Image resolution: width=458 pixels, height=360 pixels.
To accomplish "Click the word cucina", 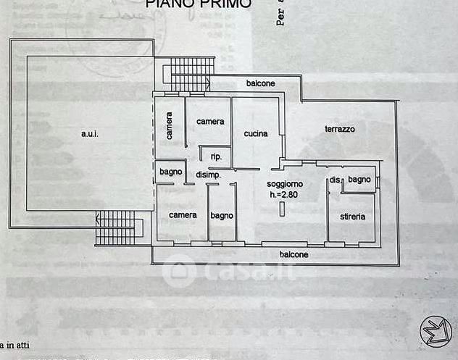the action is (x=256, y=133).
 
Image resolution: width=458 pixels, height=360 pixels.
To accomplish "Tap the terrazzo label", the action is (x=339, y=129).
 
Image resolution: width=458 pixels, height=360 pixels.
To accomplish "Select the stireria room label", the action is (x=352, y=217).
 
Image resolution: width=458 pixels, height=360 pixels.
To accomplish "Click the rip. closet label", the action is (x=216, y=157).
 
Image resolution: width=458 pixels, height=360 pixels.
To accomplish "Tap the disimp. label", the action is (x=208, y=175).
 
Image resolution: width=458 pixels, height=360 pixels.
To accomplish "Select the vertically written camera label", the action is (x=169, y=126).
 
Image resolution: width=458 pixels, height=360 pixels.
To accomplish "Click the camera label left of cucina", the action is (x=210, y=122).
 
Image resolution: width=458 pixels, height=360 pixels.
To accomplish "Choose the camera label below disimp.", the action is (x=183, y=215).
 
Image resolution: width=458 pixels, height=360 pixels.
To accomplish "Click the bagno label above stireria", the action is (x=359, y=179).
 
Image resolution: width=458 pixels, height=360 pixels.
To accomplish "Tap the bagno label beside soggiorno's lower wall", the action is (x=222, y=215).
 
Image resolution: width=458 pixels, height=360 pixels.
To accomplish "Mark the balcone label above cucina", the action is (x=260, y=83).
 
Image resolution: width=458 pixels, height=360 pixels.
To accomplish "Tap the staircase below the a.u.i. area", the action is (x=116, y=227).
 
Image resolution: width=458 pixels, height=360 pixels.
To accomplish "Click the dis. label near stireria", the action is (x=335, y=180).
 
